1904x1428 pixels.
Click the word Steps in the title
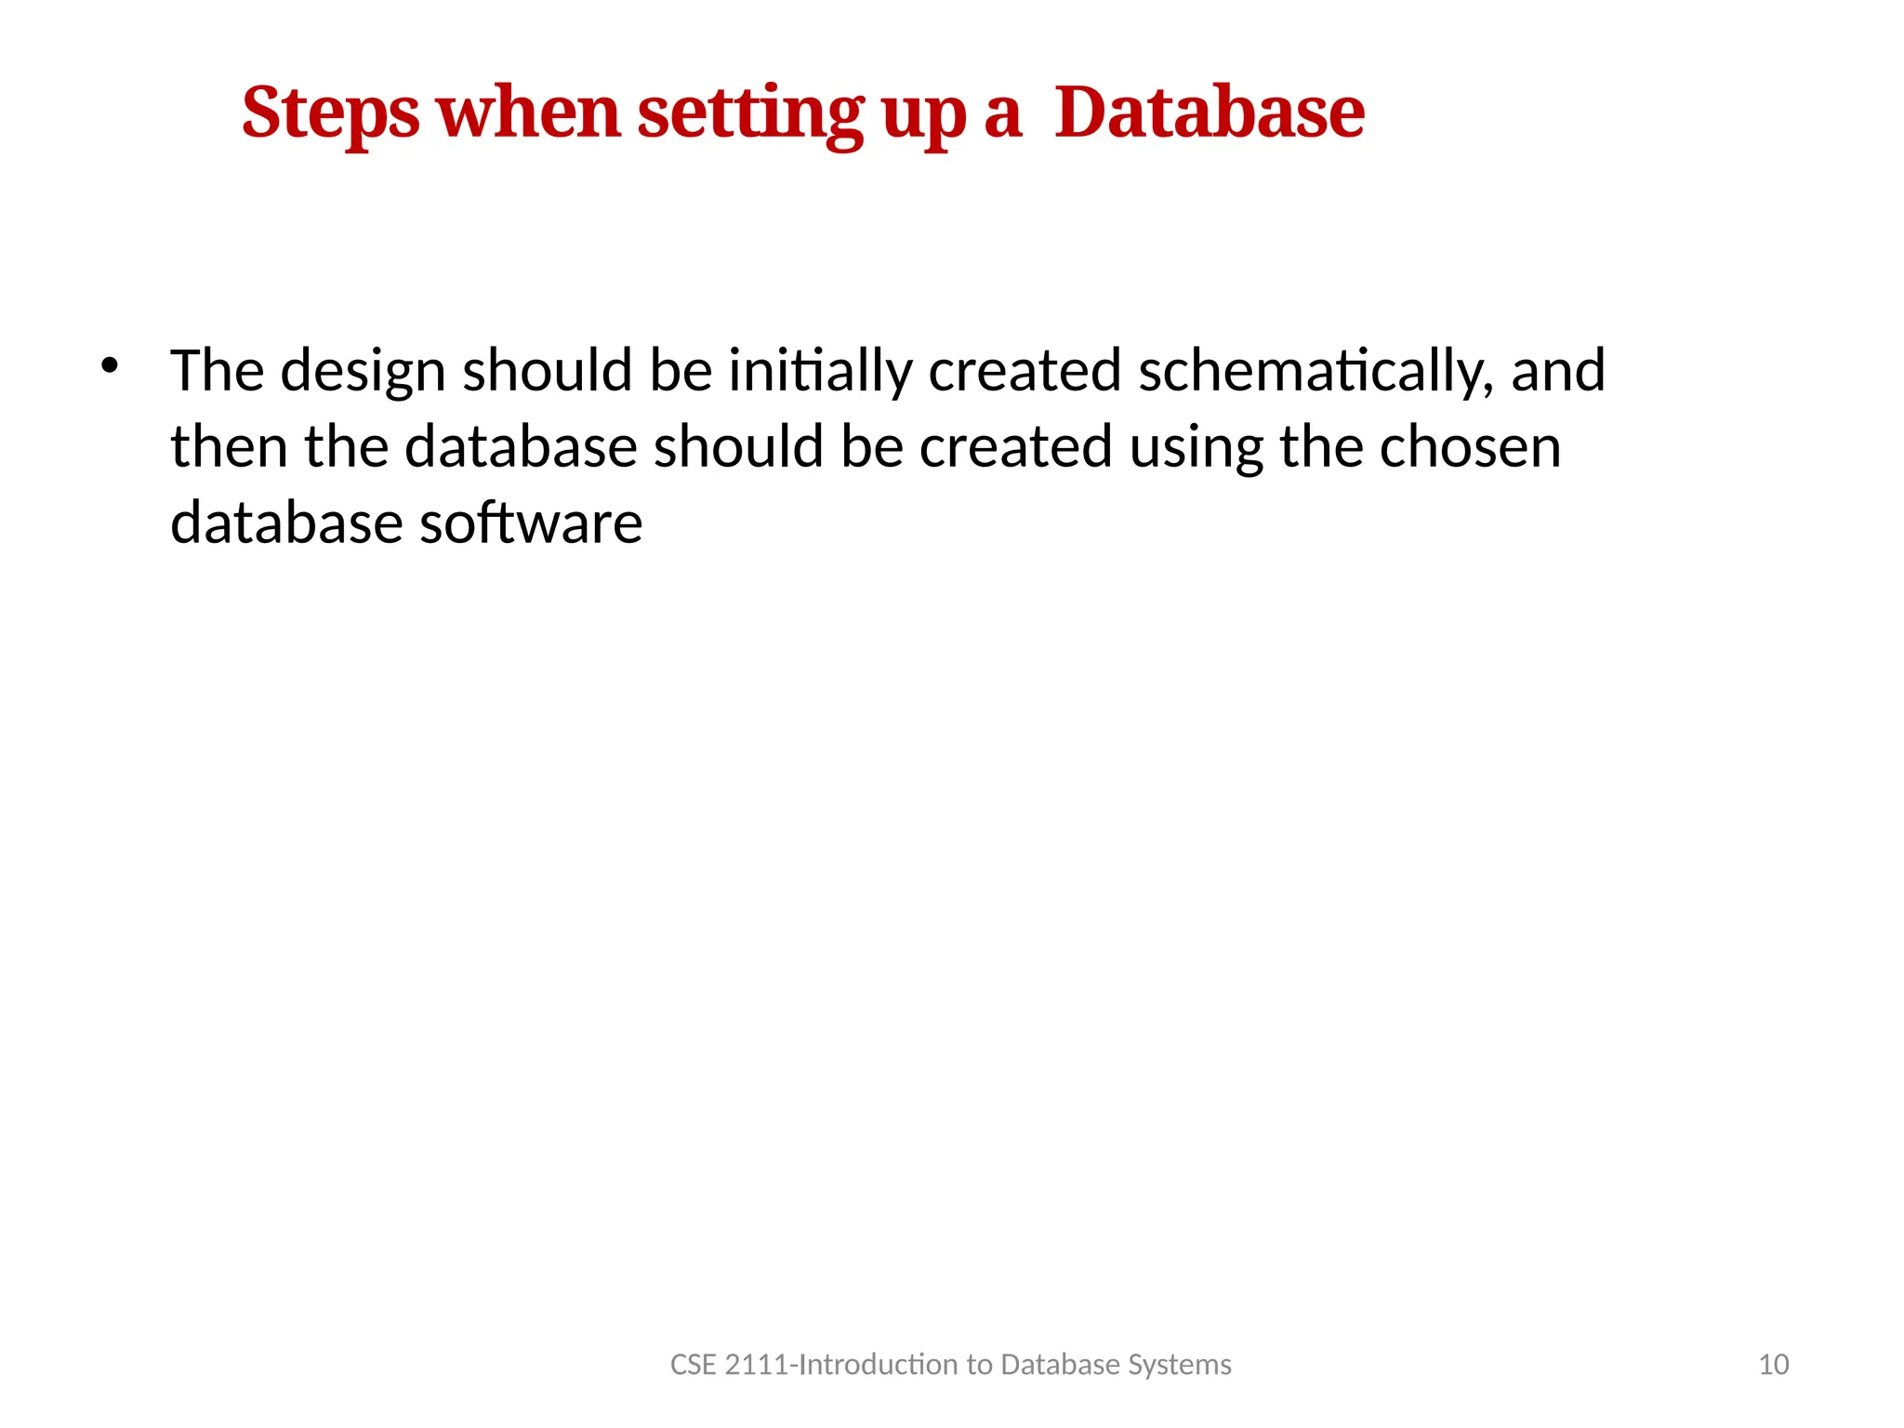click(330, 113)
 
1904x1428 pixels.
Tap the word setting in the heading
click(750, 113)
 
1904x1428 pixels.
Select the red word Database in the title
click(1210, 113)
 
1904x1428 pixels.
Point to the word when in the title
click(528, 113)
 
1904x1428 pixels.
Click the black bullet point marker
click(110, 365)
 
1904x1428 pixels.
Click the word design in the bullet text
click(364, 371)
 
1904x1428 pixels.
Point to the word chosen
click(1470, 447)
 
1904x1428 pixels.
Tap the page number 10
click(1774, 1365)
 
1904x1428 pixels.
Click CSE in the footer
click(693, 1365)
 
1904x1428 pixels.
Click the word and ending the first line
click(1558, 371)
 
